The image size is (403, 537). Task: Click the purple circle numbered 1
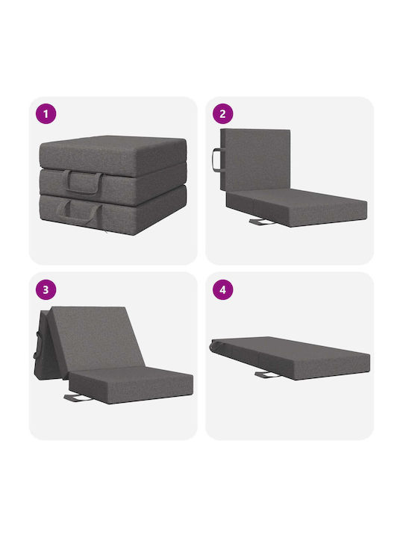click(x=46, y=113)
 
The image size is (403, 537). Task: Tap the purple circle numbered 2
click(x=222, y=113)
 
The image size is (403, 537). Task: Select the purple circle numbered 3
click(x=46, y=289)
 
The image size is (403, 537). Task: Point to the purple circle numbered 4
click(x=222, y=289)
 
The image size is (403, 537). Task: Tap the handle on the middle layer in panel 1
click(x=84, y=183)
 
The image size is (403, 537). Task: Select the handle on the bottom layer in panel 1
click(x=80, y=213)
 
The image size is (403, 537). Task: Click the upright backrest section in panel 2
click(x=255, y=160)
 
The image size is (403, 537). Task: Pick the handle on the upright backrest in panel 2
click(x=216, y=160)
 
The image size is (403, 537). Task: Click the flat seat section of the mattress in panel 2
click(x=297, y=207)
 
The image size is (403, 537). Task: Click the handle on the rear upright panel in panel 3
click(x=36, y=345)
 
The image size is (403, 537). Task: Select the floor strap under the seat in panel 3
click(x=78, y=398)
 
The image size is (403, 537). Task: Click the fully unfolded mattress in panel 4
click(x=290, y=357)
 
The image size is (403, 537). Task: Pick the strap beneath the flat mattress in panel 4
click(x=267, y=375)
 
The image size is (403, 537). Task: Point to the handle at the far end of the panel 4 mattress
click(x=214, y=346)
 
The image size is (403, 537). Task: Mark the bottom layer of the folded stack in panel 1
click(x=113, y=210)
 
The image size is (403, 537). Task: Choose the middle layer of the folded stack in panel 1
click(x=113, y=185)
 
